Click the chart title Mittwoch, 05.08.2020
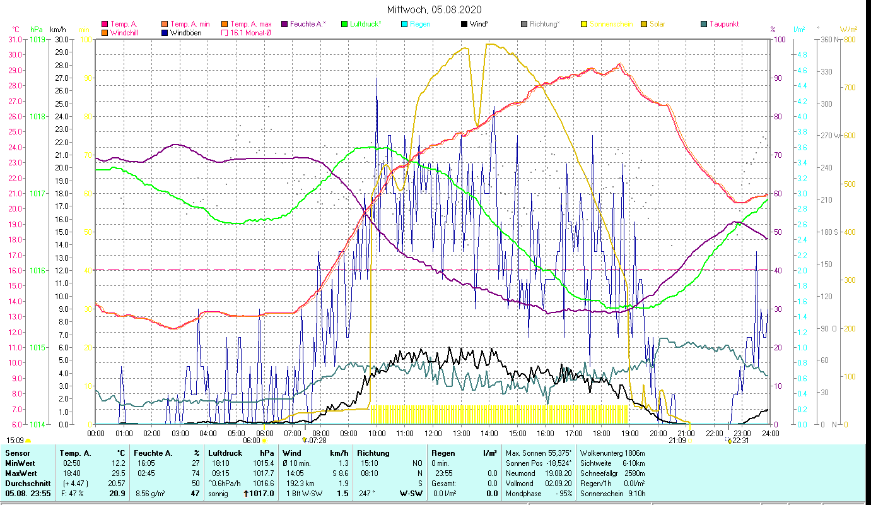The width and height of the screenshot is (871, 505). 435,9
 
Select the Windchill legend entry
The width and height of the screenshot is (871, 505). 124,33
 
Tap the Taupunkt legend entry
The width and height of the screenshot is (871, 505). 723,24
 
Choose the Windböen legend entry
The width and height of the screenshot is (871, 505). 185,33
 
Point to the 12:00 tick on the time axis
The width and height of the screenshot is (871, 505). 433,434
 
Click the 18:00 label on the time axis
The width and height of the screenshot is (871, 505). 602,434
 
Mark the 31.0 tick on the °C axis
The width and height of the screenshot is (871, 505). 15,39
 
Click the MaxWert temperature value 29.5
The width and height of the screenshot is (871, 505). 118,473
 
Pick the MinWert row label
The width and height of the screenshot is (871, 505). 20,463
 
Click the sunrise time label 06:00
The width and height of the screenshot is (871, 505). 251,441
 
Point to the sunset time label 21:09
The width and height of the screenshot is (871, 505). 677,441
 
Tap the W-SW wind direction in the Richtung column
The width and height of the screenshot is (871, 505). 411,494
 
